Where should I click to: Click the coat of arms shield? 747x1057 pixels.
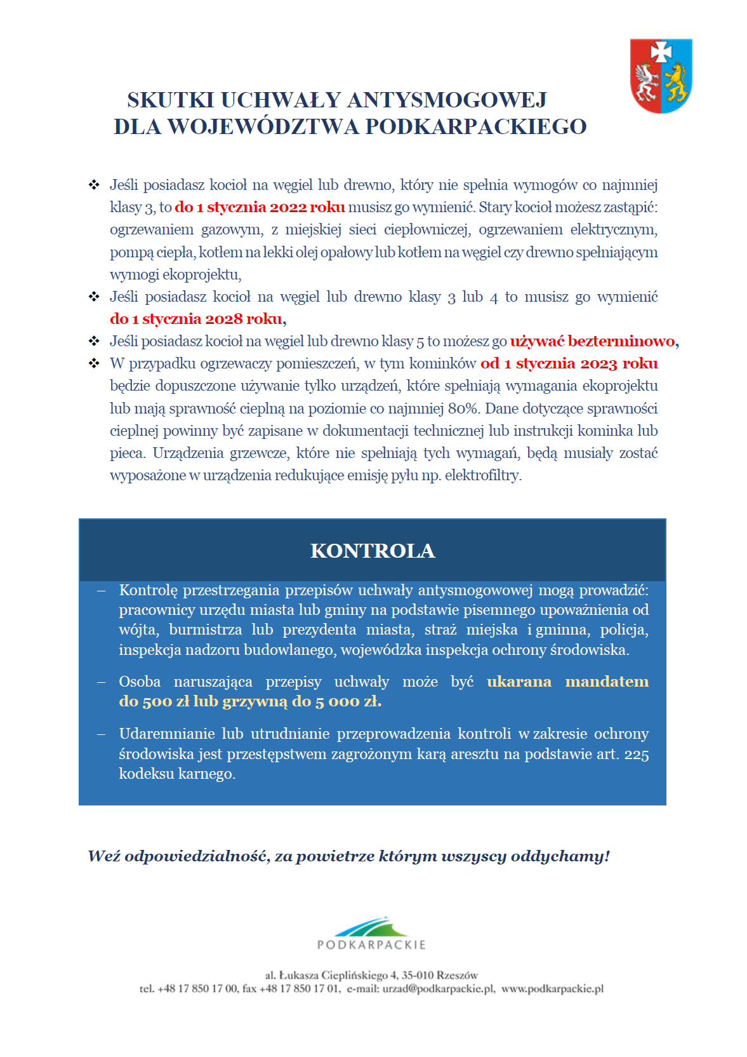point(661,76)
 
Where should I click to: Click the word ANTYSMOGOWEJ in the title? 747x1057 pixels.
point(447,100)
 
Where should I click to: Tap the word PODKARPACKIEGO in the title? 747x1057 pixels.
point(475,127)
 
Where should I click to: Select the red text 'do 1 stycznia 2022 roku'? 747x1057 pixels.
point(260,207)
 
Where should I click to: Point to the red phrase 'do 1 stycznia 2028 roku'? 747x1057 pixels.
point(197,319)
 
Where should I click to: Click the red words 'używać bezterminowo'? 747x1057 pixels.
point(592,341)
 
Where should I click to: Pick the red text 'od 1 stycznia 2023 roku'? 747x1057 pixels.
point(569,363)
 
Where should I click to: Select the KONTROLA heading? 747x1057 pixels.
point(373,551)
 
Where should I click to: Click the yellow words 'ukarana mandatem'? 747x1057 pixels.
point(567,682)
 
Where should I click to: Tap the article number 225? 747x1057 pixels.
point(636,754)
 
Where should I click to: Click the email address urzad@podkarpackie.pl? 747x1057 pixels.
point(439,988)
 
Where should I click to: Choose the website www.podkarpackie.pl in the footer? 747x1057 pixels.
point(552,988)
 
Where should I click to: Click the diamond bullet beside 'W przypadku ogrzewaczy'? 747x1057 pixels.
point(94,363)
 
